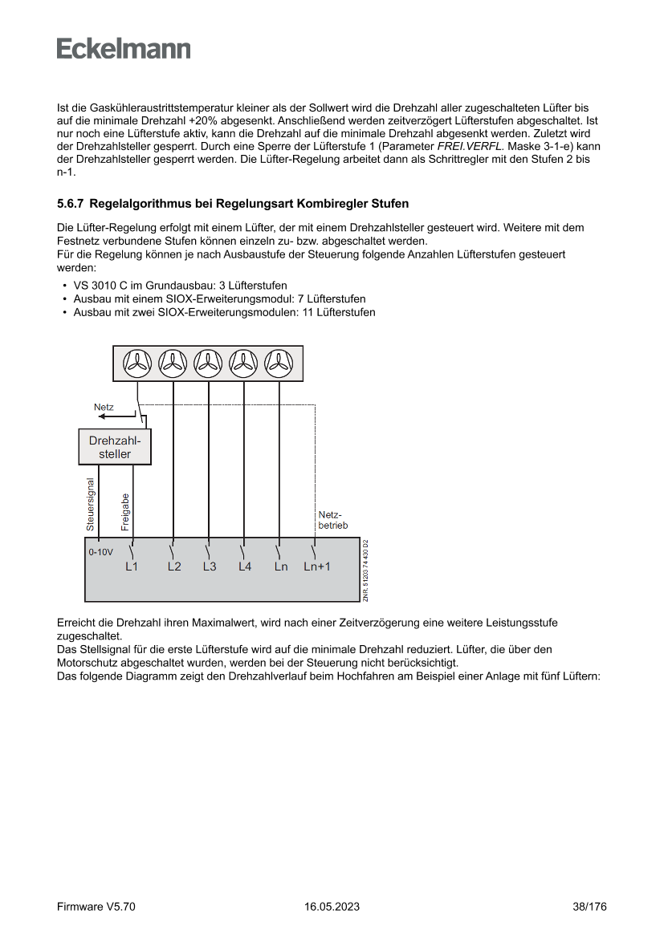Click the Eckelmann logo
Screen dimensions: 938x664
(124, 49)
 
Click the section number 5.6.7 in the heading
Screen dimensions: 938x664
(71, 204)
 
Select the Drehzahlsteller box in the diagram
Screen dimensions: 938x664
(115, 447)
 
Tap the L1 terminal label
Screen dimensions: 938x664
(132, 566)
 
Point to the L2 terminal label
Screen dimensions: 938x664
(174, 566)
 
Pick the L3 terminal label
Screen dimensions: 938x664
(210, 566)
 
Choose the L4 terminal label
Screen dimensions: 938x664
(245, 566)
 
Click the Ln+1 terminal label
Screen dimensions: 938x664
(317, 566)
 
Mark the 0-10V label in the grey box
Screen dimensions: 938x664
(100, 552)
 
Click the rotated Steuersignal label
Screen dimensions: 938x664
(91, 505)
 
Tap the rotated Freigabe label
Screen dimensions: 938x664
(125, 511)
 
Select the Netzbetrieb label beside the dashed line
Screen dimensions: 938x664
(332, 520)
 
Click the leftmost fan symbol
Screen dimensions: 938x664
(137, 364)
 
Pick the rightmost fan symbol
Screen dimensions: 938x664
(279, 364)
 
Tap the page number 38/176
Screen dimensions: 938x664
(589, 907)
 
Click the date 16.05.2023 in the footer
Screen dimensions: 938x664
(332, 907)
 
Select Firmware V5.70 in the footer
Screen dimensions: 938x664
(96, 907)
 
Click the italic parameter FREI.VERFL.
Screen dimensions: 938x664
(468, 147)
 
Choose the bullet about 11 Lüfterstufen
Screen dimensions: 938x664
(224, 312)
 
